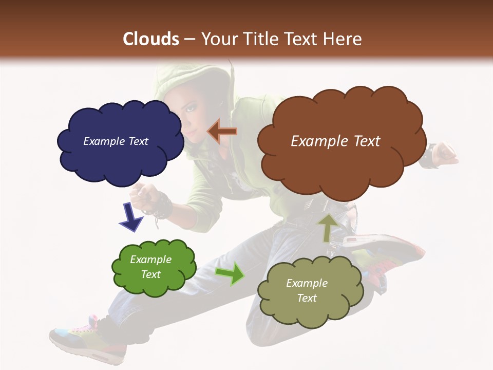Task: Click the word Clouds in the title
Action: [x=151, y=39]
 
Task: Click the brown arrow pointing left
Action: [x=222, y=132]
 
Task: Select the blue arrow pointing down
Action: [x=131, y=216]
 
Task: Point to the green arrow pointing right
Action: [x=230, y=273]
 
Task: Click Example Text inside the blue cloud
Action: [x=116, y=141]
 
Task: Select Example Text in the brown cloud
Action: [x=335, y=141]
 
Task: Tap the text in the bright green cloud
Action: [x=151, y=267]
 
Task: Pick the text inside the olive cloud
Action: [x=307, y=290]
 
